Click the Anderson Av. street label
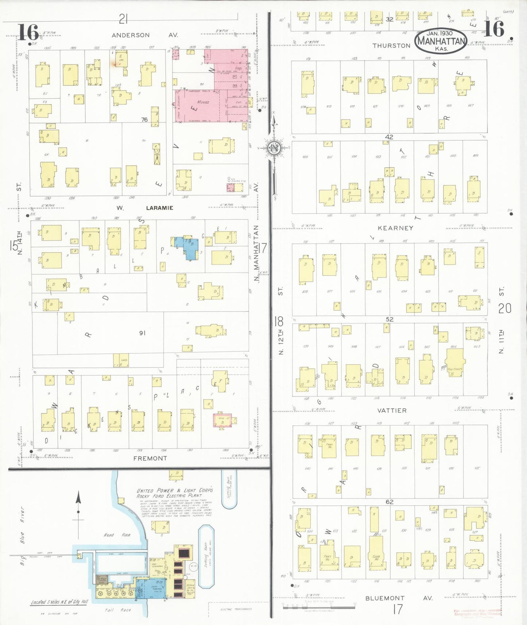[x=144, y=35]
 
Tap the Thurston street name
[x=391, y=46]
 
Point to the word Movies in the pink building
[x=203, y=102]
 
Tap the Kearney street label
[x=395, y=228]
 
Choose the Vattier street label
[x=392, y=411]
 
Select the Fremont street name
[x=150, y=458]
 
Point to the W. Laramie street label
[x=145, y=208]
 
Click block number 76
[x=144, y=119]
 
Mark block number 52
[x=390, y=319]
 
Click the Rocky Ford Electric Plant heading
[x=174, y=493]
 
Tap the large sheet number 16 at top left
[x=28, y=32]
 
